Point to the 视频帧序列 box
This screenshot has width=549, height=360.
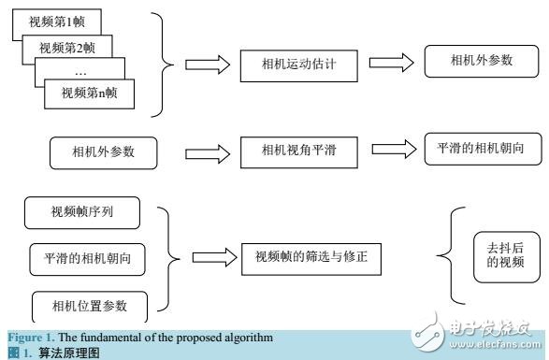pos(82,215)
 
